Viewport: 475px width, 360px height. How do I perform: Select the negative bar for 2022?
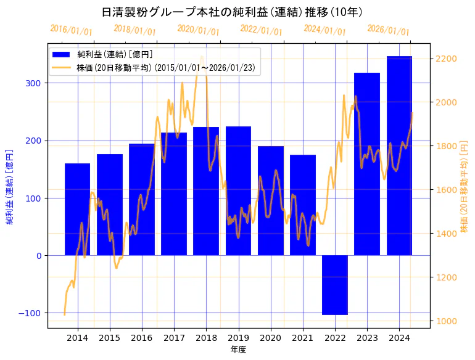point(335,285)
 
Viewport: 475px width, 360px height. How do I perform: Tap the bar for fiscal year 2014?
point(77,209)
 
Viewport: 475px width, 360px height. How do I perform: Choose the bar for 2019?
point(238,190)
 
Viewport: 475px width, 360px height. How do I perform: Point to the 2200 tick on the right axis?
point(446,59)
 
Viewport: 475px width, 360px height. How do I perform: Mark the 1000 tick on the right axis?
point(446,321)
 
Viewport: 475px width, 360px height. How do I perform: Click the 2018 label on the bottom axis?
point(206,338)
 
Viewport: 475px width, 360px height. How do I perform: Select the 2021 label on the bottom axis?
point(303,338)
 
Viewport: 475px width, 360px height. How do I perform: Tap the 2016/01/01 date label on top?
point(71,30)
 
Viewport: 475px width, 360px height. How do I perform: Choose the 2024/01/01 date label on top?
point(324,30)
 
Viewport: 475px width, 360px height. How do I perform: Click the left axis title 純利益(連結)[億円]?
point(10,186)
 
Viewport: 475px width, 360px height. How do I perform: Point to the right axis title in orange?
point(464,186)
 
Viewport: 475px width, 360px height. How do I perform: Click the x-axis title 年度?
point(238,350)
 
